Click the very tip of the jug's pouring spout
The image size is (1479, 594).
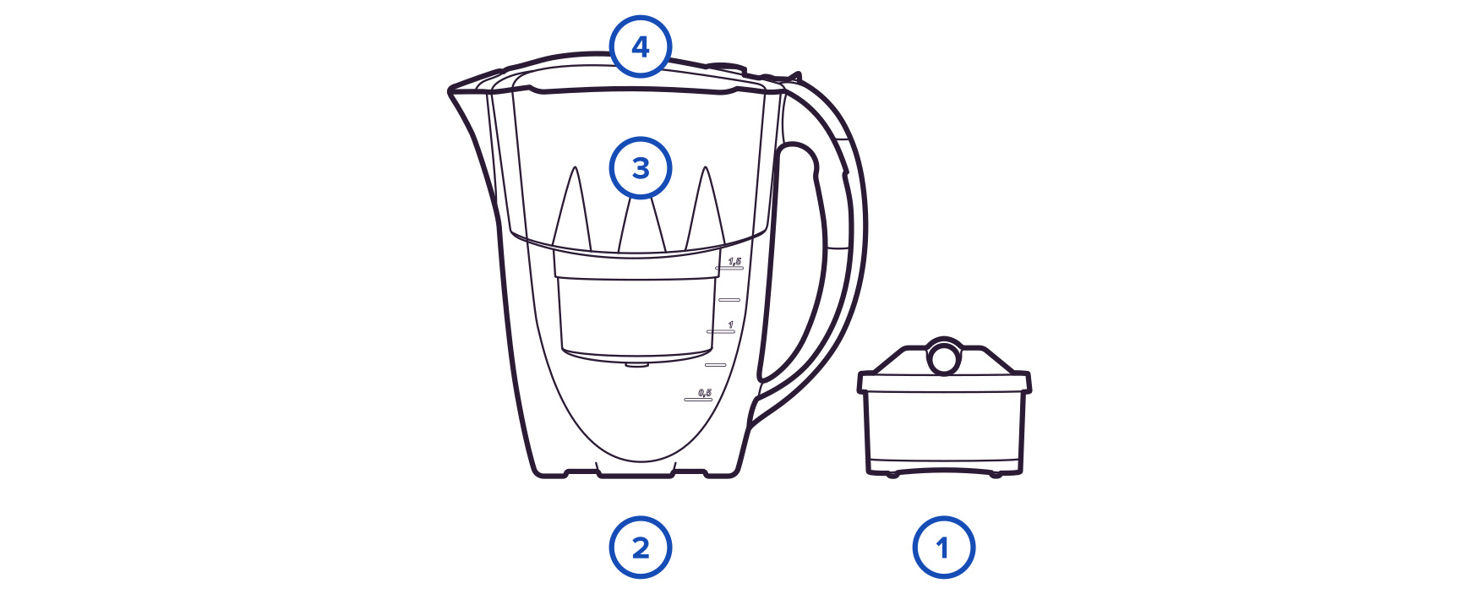click(448, 88)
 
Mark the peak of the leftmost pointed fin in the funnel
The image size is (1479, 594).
click(574, 167)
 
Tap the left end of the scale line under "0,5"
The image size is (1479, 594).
click(685, 399)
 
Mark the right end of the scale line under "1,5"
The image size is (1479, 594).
click(743, 267)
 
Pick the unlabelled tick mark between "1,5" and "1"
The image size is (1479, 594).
click(729, 300)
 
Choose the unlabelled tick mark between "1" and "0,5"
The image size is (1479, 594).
click(716, 365)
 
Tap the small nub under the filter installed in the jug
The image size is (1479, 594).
click(637, 365)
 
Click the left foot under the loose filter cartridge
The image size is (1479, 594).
click(892, 474)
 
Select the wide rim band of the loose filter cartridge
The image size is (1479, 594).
click(944, 382)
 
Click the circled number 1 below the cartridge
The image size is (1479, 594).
click(943, 548)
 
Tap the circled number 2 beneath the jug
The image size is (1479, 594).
click(641, 548)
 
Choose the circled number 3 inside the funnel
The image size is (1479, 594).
click(641, 167)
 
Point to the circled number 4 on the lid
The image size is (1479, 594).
click(641, 46)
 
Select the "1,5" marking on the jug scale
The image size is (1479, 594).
click(734, 261)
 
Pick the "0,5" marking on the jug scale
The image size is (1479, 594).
click(705, 393)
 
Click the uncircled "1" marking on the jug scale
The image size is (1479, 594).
click(730, 325)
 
